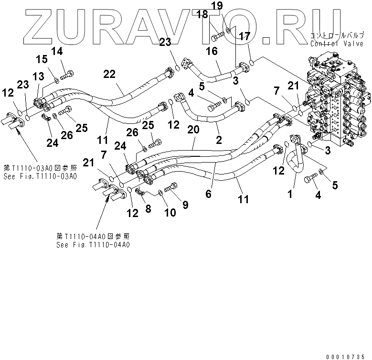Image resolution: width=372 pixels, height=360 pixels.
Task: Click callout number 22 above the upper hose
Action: pyautogui.click(x=109, y=74)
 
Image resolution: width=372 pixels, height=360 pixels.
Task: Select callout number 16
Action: pyautogui.click(x=212, y=51)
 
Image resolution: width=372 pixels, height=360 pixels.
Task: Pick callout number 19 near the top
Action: pyautogui.click(x=230, y=6)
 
